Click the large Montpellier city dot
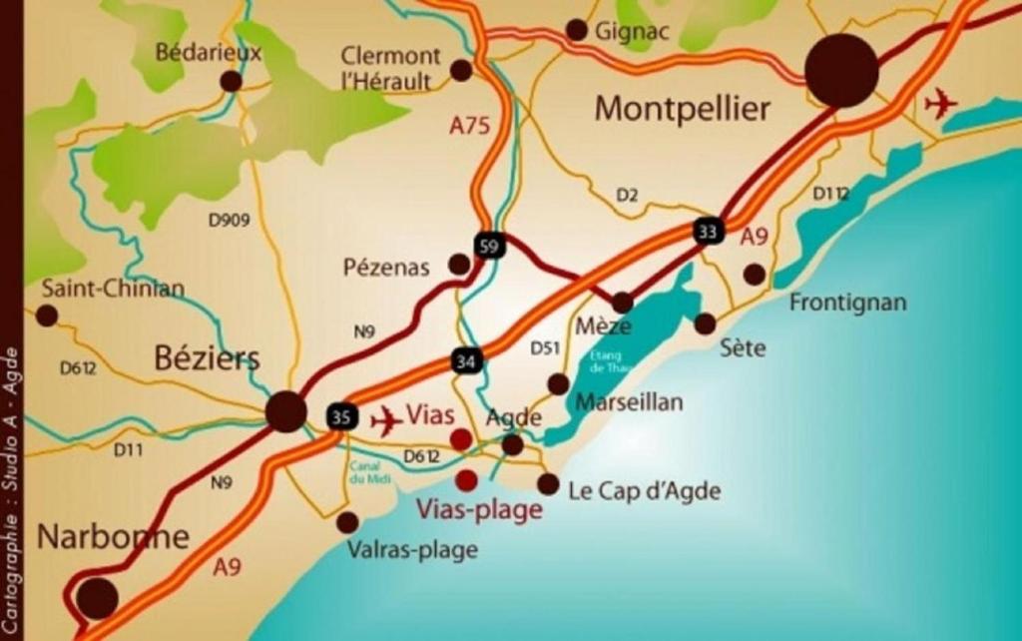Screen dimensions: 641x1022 pyautogui.click(x=841, y=70)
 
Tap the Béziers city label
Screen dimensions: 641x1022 pyautogui.click(x=207, y=358)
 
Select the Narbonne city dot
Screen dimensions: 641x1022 pyautogui.click(x=98, y=597)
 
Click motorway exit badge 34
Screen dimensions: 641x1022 pyautogui.click(x=464, y=360)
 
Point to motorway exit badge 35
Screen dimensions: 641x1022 pyautogui.click(x=341, y=416)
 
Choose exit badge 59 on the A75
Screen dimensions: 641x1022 pyautogui.click(x=489, y=246)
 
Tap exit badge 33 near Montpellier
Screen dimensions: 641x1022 pyautogui.click(x=708, y=232)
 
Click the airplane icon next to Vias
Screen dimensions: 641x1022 pyautogui.click(x=385, y=421)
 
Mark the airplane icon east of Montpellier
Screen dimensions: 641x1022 pyautogui.click(x=940, y=103)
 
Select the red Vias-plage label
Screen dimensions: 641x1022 pyautogui.click(x=479, y=509)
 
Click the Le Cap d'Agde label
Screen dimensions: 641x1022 pyautogui.click(x=644, y=491)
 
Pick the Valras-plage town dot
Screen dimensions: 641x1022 pyautogui.click(x=347, y=522)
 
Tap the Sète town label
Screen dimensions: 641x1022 pyautogui.click(x=743, y=348)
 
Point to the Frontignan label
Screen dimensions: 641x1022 pyautogui.click(x=847, y=302)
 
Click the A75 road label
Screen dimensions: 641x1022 pyautogui.click(x=469, y=126)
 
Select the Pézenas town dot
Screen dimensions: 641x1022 pyautogui.click(x=459, y=264)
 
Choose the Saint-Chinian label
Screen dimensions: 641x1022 pyautogui.click(x=113, y=289)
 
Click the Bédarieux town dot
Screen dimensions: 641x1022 pyautogui.click(x=231, y=81)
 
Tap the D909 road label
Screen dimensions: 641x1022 pyautogui.click(x=229, y=220)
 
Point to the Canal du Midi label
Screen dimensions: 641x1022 pyautogui.click(x=368, y=472)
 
